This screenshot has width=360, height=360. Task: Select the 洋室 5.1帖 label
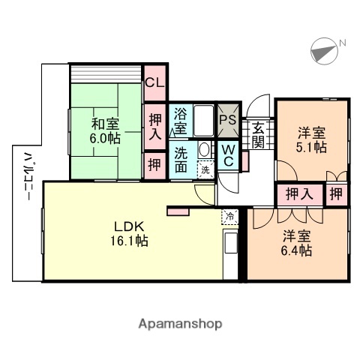tap(310, 139)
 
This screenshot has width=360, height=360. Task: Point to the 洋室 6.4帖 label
tap(298, 242)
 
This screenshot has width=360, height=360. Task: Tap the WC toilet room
tap(228, 155)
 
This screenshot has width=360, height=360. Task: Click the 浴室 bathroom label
tap(181, 121)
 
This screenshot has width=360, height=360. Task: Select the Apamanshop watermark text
tap(180, 324)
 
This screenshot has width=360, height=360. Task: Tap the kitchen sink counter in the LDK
tap(231, 246)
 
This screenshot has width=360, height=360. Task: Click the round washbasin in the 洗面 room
tap(204, 149)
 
